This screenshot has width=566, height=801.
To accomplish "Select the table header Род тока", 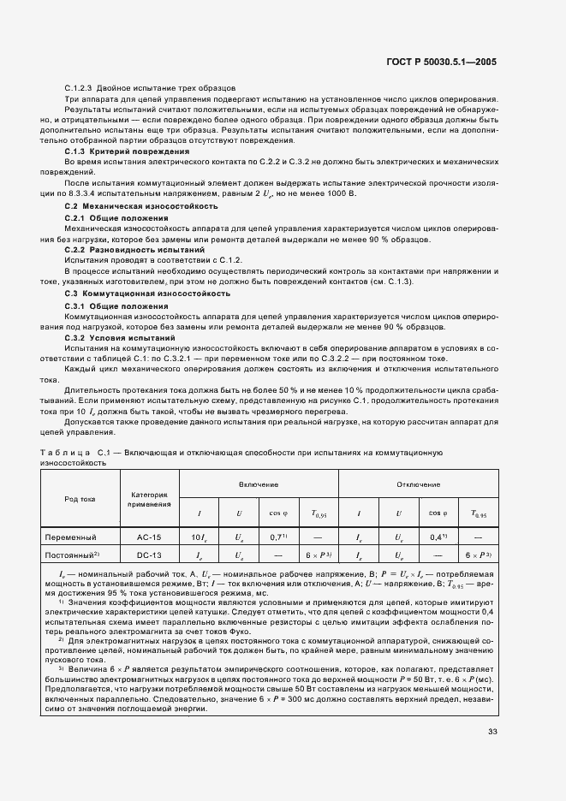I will [80, 499].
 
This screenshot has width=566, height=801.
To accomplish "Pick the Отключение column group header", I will [417, 484].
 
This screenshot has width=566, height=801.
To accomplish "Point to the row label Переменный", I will [80, 538].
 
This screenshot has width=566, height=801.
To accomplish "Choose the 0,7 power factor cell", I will [276, 538].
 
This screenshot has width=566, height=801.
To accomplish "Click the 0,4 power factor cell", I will [439, 538].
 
